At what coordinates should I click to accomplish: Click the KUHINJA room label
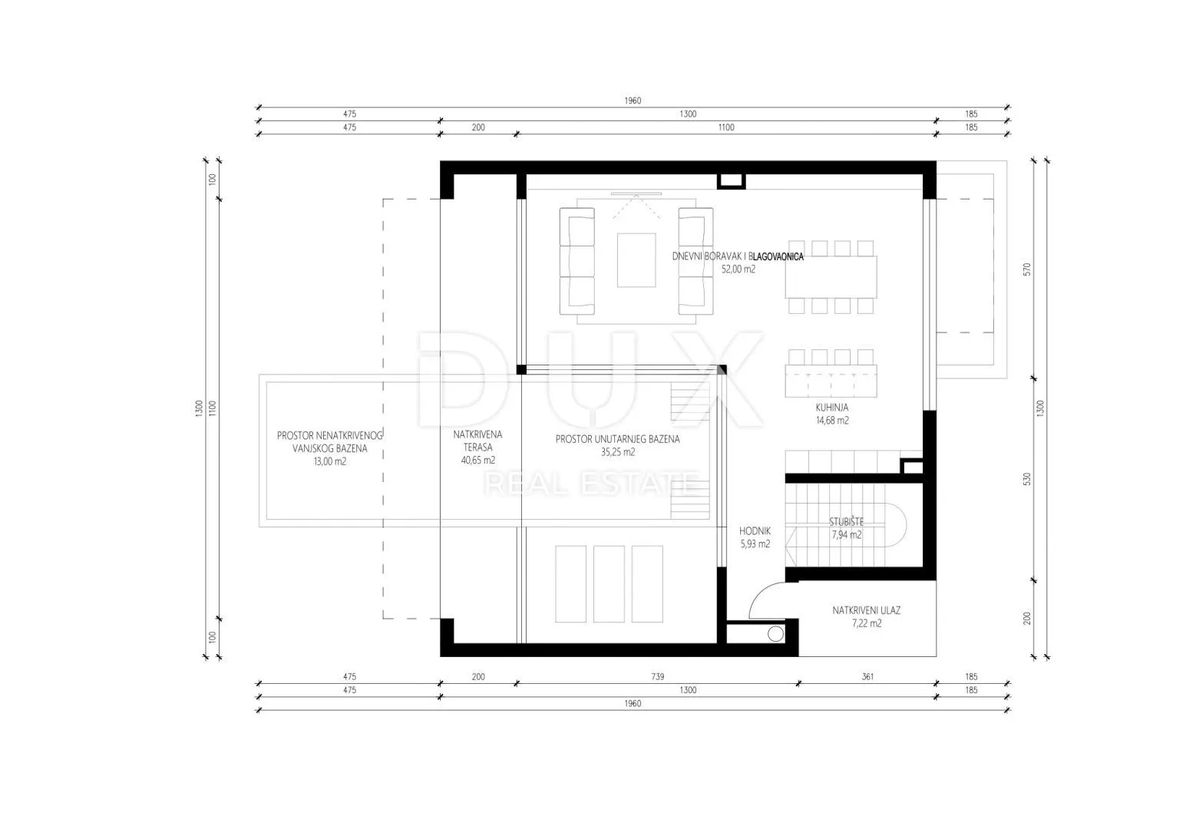coord(832,408)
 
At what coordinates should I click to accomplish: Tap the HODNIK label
coord(755,531)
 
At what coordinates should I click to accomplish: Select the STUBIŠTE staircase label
coord(846,522)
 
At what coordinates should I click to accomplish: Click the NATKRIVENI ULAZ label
coord(866,610)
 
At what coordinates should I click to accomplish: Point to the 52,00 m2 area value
coord(738,269)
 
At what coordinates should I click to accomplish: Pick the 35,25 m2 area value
coord(617,452)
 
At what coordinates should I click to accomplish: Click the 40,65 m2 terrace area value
coord(477,461)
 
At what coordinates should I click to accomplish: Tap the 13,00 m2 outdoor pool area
coord(330,461)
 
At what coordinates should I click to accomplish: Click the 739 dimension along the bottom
coord(658,676)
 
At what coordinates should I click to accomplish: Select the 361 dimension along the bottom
coord(867,676)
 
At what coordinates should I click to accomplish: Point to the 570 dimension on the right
coord(1027,269)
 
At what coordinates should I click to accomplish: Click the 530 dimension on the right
coord(1027,480)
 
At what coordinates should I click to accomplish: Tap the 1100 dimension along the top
coord(726,127)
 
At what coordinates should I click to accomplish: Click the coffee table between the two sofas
coord(636,260)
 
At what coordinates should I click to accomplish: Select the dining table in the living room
coord(831,277)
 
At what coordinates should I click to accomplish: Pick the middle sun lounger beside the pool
coord(609,584)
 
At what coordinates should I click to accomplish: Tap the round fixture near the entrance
coord(775,634)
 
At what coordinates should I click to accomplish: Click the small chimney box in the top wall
coord(732,181)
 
